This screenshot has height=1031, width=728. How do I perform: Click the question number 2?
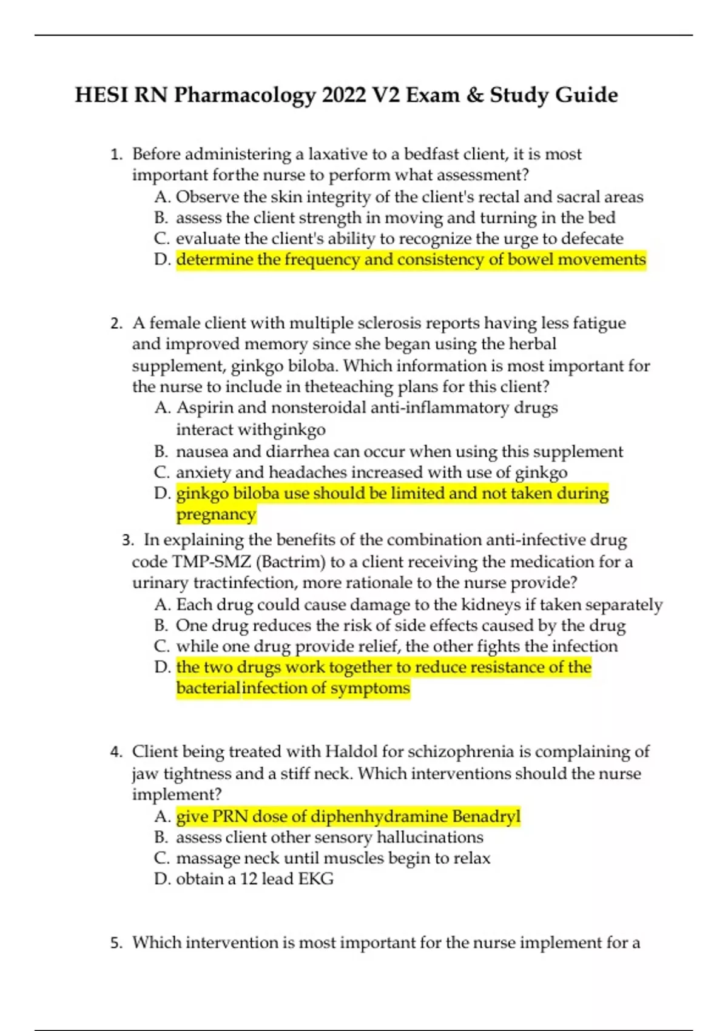pyautogui.click(x=116, y=323)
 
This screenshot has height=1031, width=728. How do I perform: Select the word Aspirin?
pyautogui.click(x=204, y=408)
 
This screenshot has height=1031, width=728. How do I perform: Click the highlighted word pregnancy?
pyautogui.click(x=216, y=514)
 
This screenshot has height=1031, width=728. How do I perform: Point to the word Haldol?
pyautogui.click(x=351, y=752)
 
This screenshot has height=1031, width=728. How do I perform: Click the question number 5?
pyautogui.click(x=116, y=943)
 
